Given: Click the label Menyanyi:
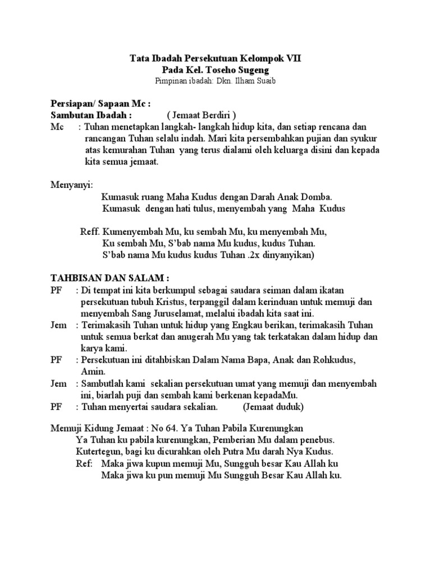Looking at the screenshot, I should pyautogui.click(x=72, y=184).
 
